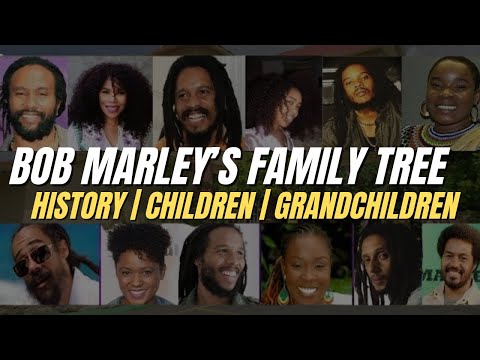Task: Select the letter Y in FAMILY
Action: pos(353,165)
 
